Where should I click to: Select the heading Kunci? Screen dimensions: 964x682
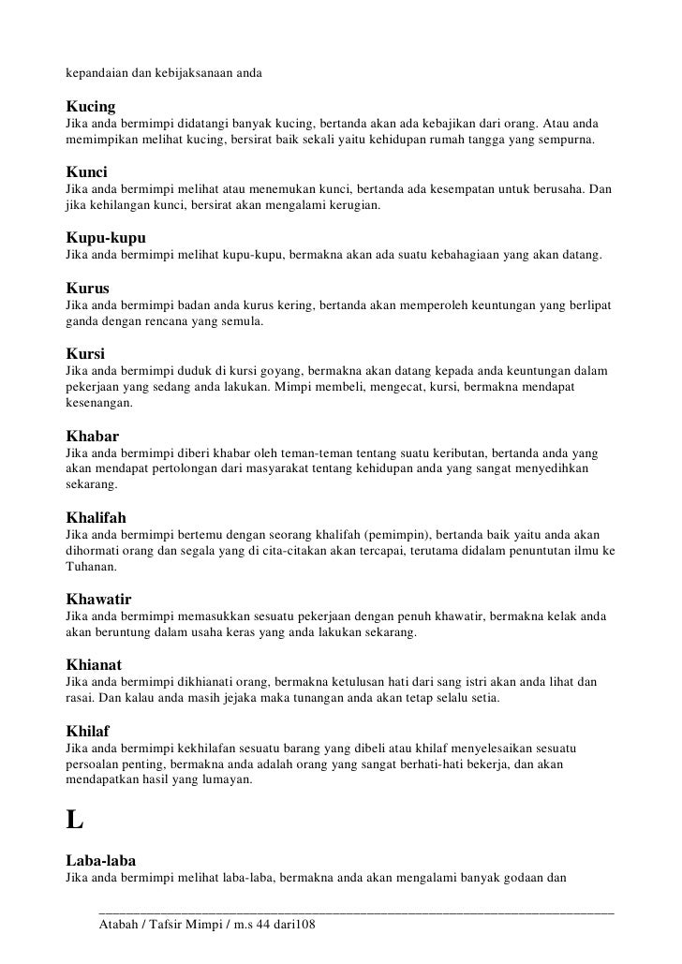pos(86,173)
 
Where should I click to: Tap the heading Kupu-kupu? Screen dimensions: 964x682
pos(105,238)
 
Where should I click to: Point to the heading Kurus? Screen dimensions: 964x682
pos(86,289)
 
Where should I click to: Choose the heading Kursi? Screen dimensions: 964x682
pos(84,355)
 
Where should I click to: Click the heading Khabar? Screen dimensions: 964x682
pos(93,436)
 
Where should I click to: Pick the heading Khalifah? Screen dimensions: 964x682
pos(96,516)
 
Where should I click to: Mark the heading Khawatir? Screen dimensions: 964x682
pos(97,598)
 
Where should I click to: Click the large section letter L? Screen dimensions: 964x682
pos(74,819)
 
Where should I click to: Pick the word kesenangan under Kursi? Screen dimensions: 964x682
pos(98,406)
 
